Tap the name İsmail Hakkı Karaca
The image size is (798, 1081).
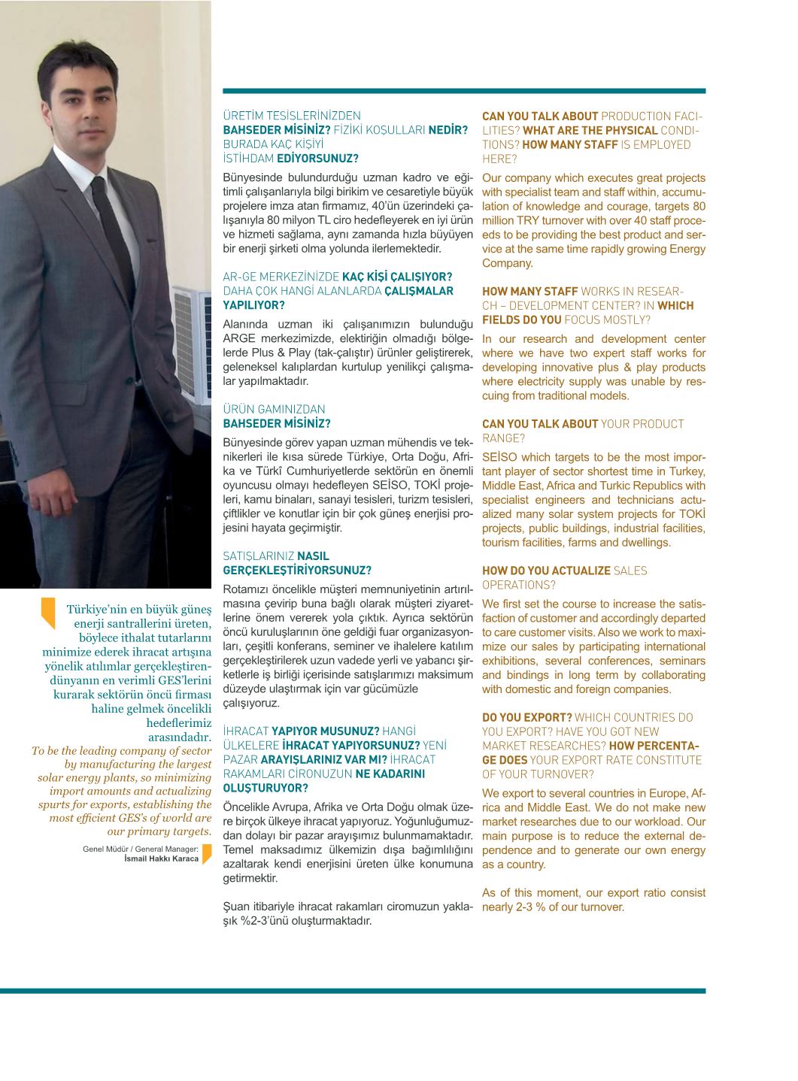coord(161,858)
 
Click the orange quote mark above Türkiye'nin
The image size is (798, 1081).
coord(48,611)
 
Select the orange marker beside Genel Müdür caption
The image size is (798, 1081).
coord(207,853)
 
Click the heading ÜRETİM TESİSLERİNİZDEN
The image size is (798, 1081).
coord(292,116)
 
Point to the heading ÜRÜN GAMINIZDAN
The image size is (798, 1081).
coord(274,410)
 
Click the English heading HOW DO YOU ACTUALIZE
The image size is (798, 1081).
coord(546,571)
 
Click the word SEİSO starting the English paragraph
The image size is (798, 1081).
coord(499,457)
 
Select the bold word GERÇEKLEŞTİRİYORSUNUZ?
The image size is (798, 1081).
coord(297,571)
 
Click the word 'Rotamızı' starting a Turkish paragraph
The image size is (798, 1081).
coord(245,589)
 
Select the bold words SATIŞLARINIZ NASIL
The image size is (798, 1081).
coord(275,556)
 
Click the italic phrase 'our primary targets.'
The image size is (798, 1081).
coord(159,831)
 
